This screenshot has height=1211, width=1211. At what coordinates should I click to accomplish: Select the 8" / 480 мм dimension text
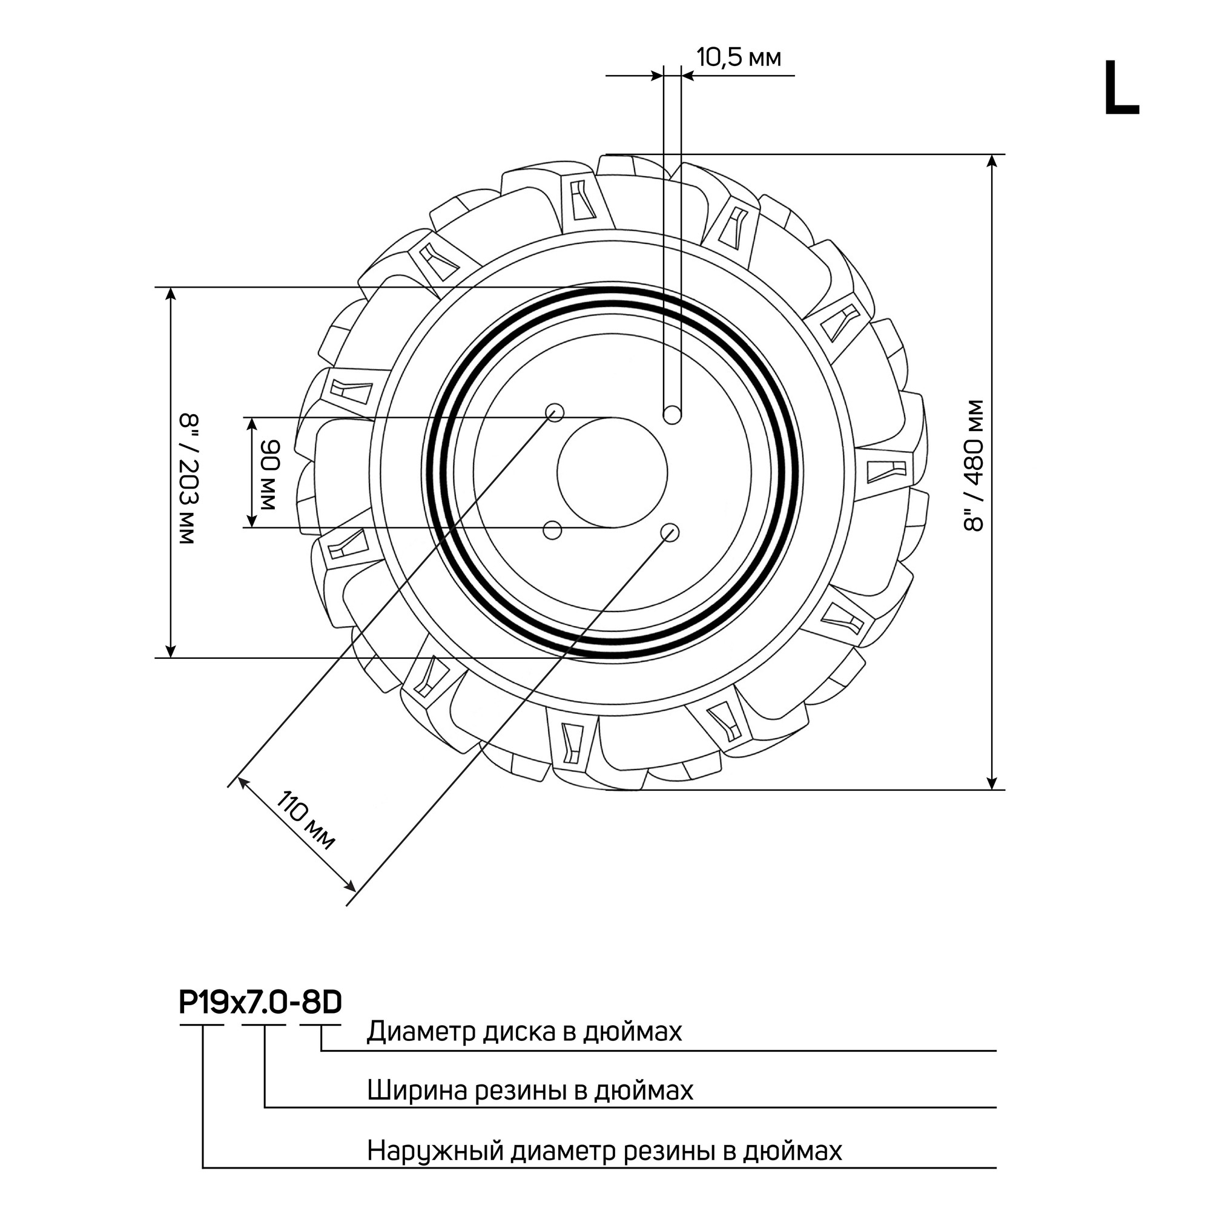point(974,466)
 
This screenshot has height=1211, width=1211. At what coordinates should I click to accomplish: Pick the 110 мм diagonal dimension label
point(307,820)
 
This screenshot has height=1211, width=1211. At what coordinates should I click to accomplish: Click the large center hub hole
point(612,473)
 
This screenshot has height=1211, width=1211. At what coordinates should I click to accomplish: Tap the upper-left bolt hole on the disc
point(555,412)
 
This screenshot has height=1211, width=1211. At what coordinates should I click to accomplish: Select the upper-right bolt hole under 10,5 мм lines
point(673,414)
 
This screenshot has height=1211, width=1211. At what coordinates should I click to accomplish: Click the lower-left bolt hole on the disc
point(552,530)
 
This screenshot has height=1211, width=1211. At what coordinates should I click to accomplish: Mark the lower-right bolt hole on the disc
point(670,533)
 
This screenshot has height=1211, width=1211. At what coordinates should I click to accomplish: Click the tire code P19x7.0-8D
point(260,1002)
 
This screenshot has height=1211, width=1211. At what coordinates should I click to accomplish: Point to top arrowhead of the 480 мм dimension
point(991,161)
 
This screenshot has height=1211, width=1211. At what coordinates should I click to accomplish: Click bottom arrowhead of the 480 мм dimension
point(991,783)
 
